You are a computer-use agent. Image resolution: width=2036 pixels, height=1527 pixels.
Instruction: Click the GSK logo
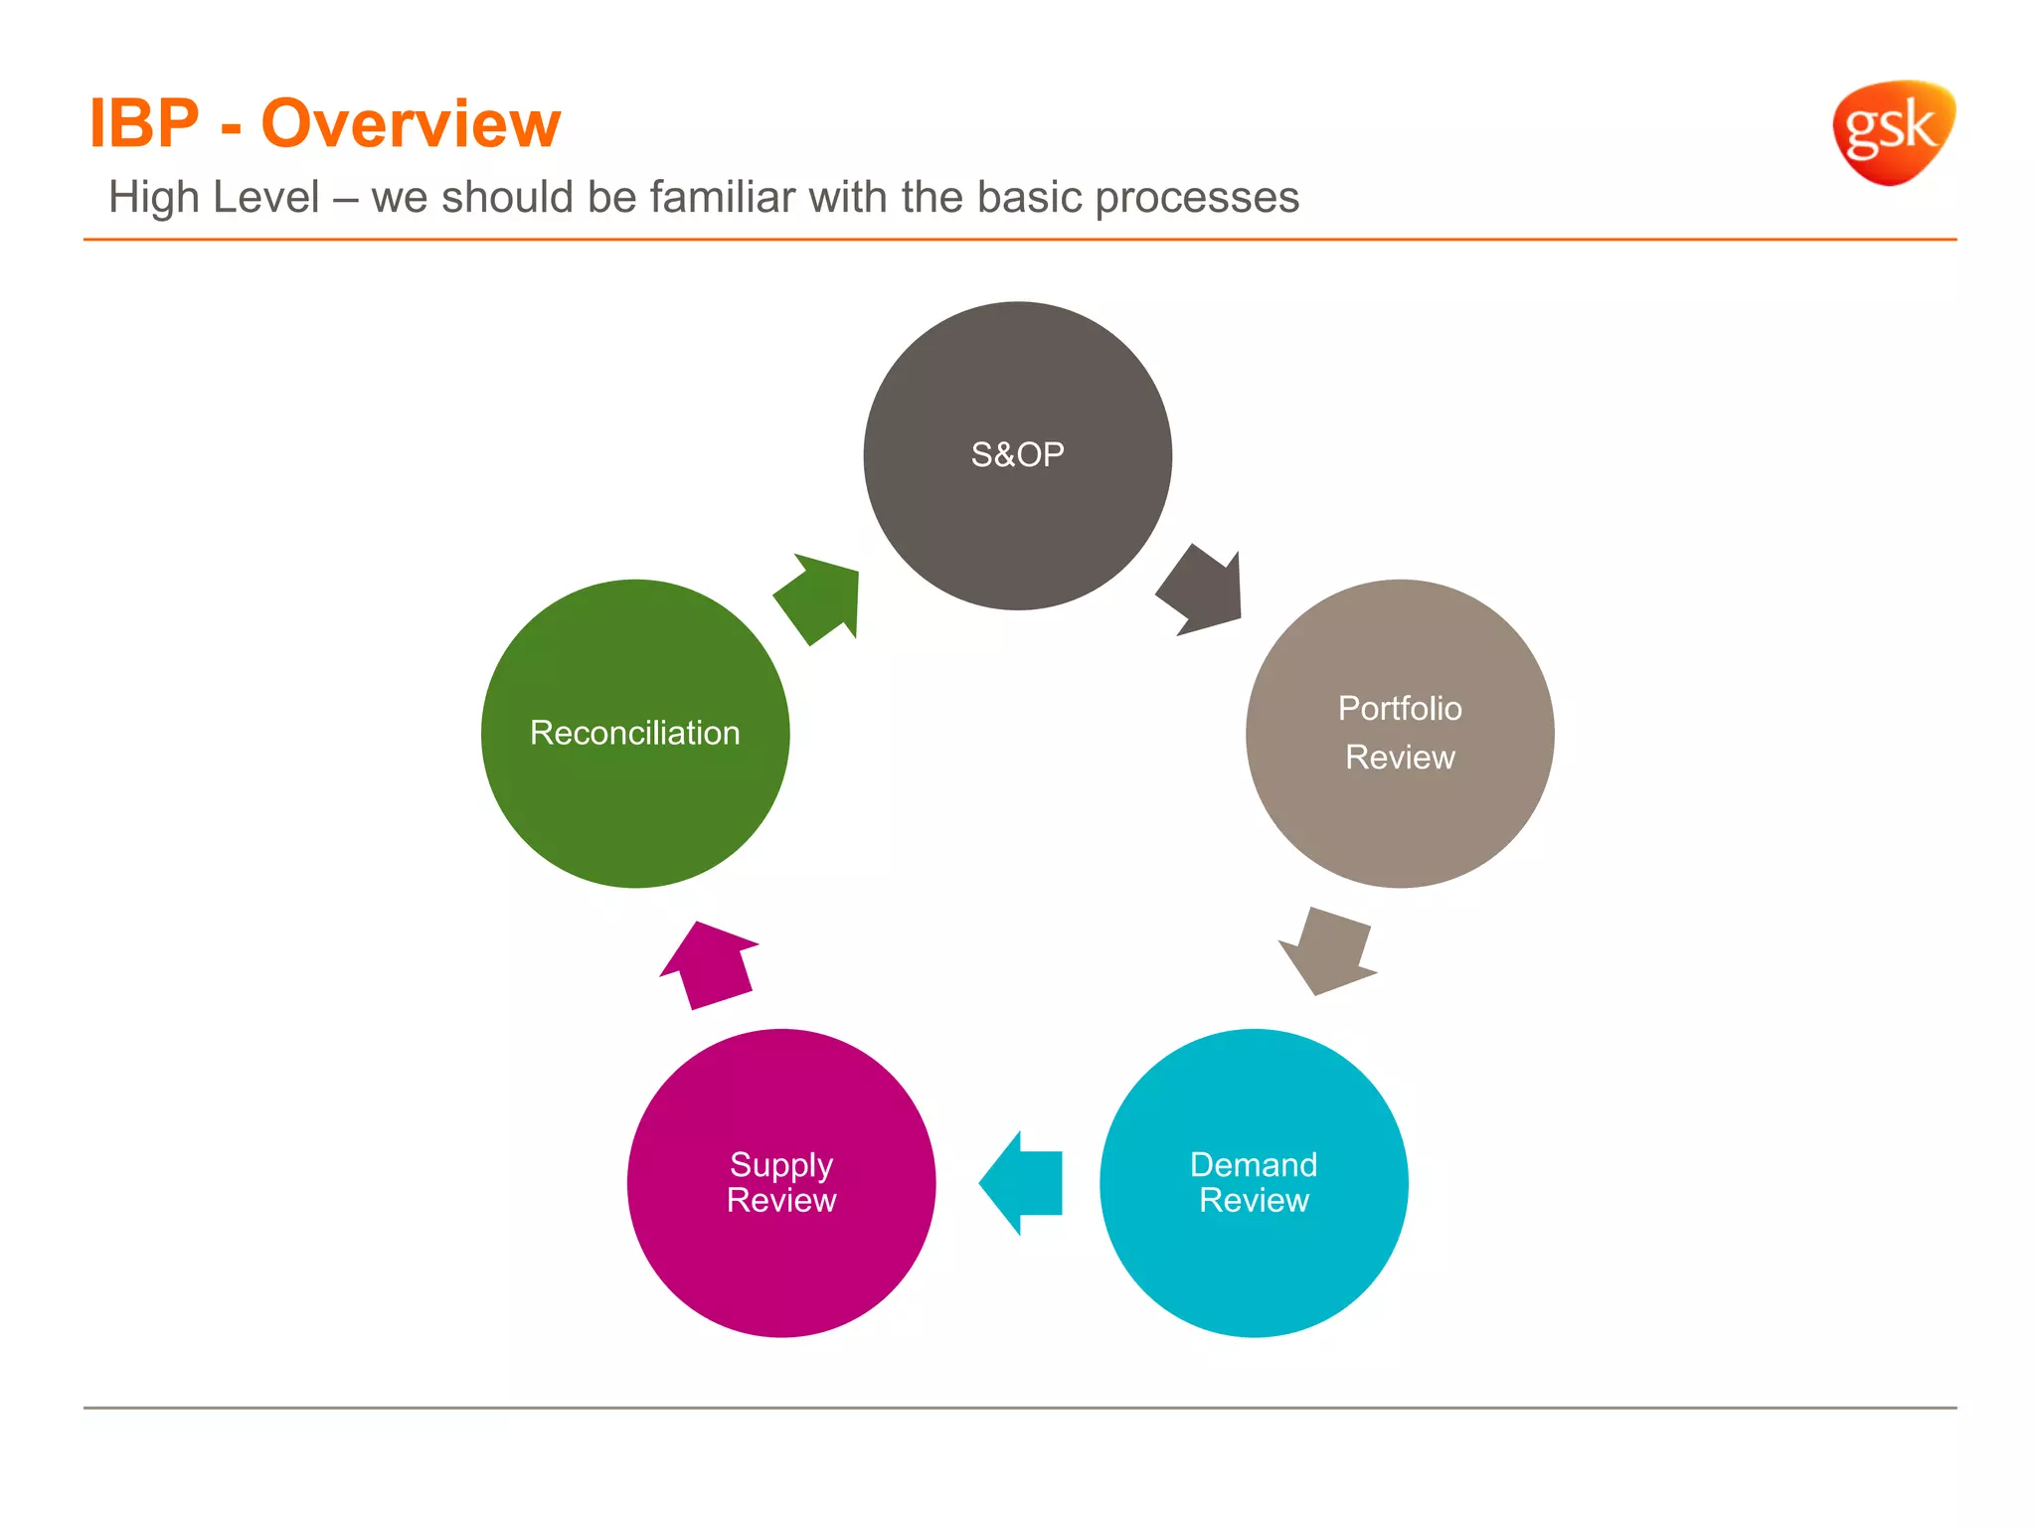point(1892,131)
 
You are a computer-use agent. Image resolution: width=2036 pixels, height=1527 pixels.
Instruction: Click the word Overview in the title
point(411,124)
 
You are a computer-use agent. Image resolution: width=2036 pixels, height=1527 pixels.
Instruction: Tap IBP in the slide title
point(144,124)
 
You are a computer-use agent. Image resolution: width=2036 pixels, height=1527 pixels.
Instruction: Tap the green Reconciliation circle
point(635,795)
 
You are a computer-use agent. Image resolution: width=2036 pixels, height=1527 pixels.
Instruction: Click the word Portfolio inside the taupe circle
point(1400,709)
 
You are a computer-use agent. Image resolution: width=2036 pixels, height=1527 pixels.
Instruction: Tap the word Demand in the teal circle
point(1254,1164)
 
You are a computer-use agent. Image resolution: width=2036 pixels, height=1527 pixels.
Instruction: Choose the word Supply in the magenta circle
point(781,1164)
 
